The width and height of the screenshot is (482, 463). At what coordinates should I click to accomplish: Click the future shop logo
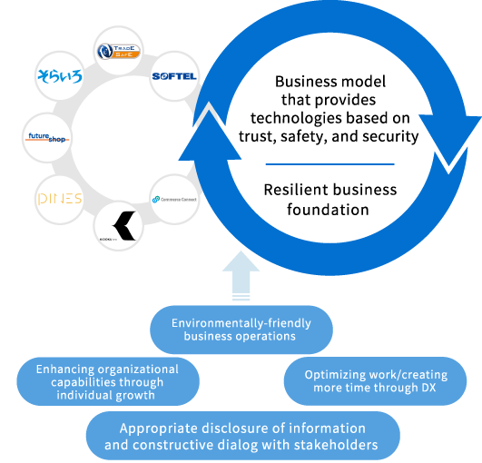tap(45, 137)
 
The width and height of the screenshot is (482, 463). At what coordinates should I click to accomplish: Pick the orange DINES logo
tap(59, 198)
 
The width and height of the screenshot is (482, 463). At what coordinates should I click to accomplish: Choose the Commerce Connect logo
tap(174, 199)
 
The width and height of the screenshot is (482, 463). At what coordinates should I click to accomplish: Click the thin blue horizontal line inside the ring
tap(330, 164)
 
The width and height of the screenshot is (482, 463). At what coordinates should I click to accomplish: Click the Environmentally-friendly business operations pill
tap(241, 330)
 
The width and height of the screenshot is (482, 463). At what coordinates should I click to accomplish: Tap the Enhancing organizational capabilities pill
tap(107, 382)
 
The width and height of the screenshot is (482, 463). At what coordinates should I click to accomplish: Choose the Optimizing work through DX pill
tap(375, 380)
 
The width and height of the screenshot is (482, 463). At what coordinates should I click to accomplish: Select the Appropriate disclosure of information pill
tap(243, 437)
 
